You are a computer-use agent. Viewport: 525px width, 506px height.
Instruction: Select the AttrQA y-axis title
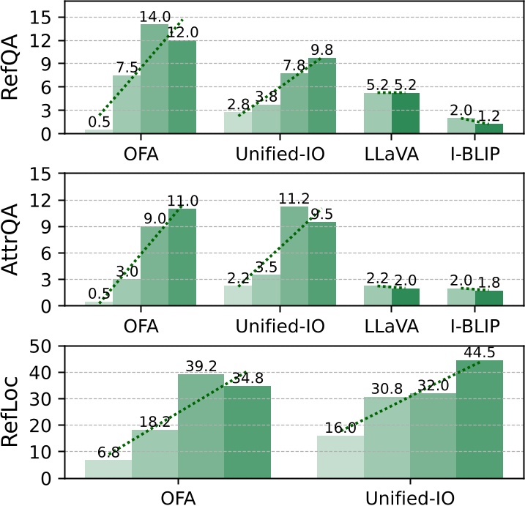click(x=13, y=239)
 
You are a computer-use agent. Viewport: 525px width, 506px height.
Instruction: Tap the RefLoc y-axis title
click(x=13, y=412)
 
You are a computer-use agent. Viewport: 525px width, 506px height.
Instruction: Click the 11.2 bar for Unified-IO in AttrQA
click(x=294, y=256)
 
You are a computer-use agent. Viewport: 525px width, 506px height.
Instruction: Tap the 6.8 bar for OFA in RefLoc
click(x=108, y=469)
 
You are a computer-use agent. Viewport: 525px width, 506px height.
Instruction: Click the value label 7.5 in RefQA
click(x=127, y=68)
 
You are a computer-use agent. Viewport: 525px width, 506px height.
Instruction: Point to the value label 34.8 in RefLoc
click(x=247, y=379)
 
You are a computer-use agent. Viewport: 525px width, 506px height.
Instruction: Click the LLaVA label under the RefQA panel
click(x=392, y=155)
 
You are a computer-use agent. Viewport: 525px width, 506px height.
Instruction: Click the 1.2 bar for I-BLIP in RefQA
click(x=488, y=128)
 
